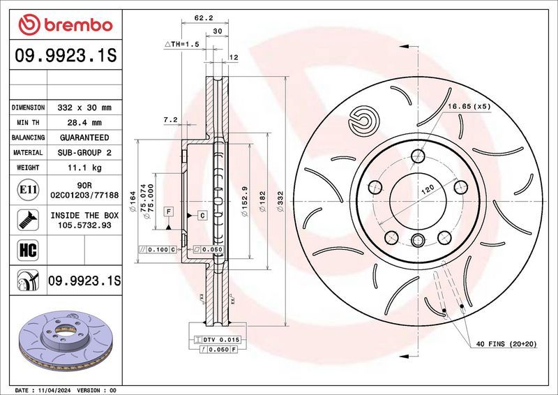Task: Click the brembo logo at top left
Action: [x=66, y=24]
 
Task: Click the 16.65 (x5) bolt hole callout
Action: [x=469, y=106]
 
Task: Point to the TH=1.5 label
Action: [x=182, y=43]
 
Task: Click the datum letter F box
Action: [x=168, y=211]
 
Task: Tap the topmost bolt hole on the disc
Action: [x=418, y=155]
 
